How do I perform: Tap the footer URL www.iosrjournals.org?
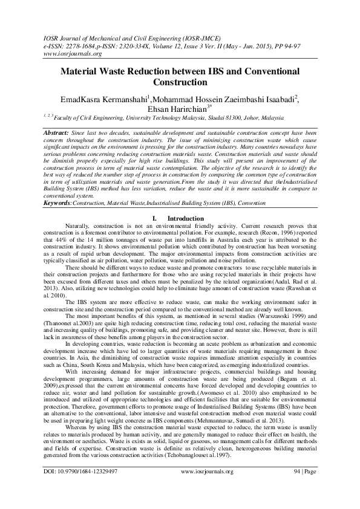coord(180,487)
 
